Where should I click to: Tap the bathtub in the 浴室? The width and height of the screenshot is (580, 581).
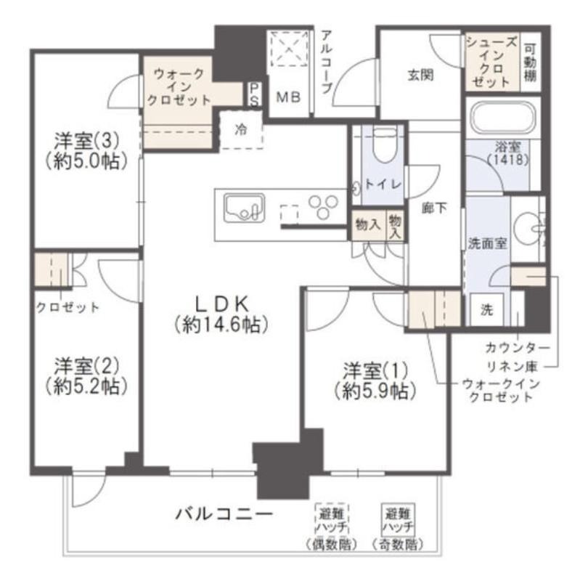point(502,118)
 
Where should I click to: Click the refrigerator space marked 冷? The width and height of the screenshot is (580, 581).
point(241,129)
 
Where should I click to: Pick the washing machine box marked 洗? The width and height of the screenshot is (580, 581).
point(486,309)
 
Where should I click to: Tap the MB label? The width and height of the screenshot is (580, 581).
point(288,97)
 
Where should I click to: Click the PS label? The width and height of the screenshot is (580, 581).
point(255,94)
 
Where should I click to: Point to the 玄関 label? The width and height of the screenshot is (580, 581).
point(420,76)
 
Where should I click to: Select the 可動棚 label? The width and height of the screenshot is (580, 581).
point(530,63)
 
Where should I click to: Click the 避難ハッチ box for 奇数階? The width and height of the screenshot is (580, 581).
point(398,519)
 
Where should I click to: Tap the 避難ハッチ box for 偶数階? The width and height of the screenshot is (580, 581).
point(332,519)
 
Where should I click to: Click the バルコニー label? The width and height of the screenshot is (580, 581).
point(224,514)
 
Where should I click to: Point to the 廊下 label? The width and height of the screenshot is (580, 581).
point(434,208)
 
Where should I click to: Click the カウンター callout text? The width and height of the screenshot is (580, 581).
point(518,348)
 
